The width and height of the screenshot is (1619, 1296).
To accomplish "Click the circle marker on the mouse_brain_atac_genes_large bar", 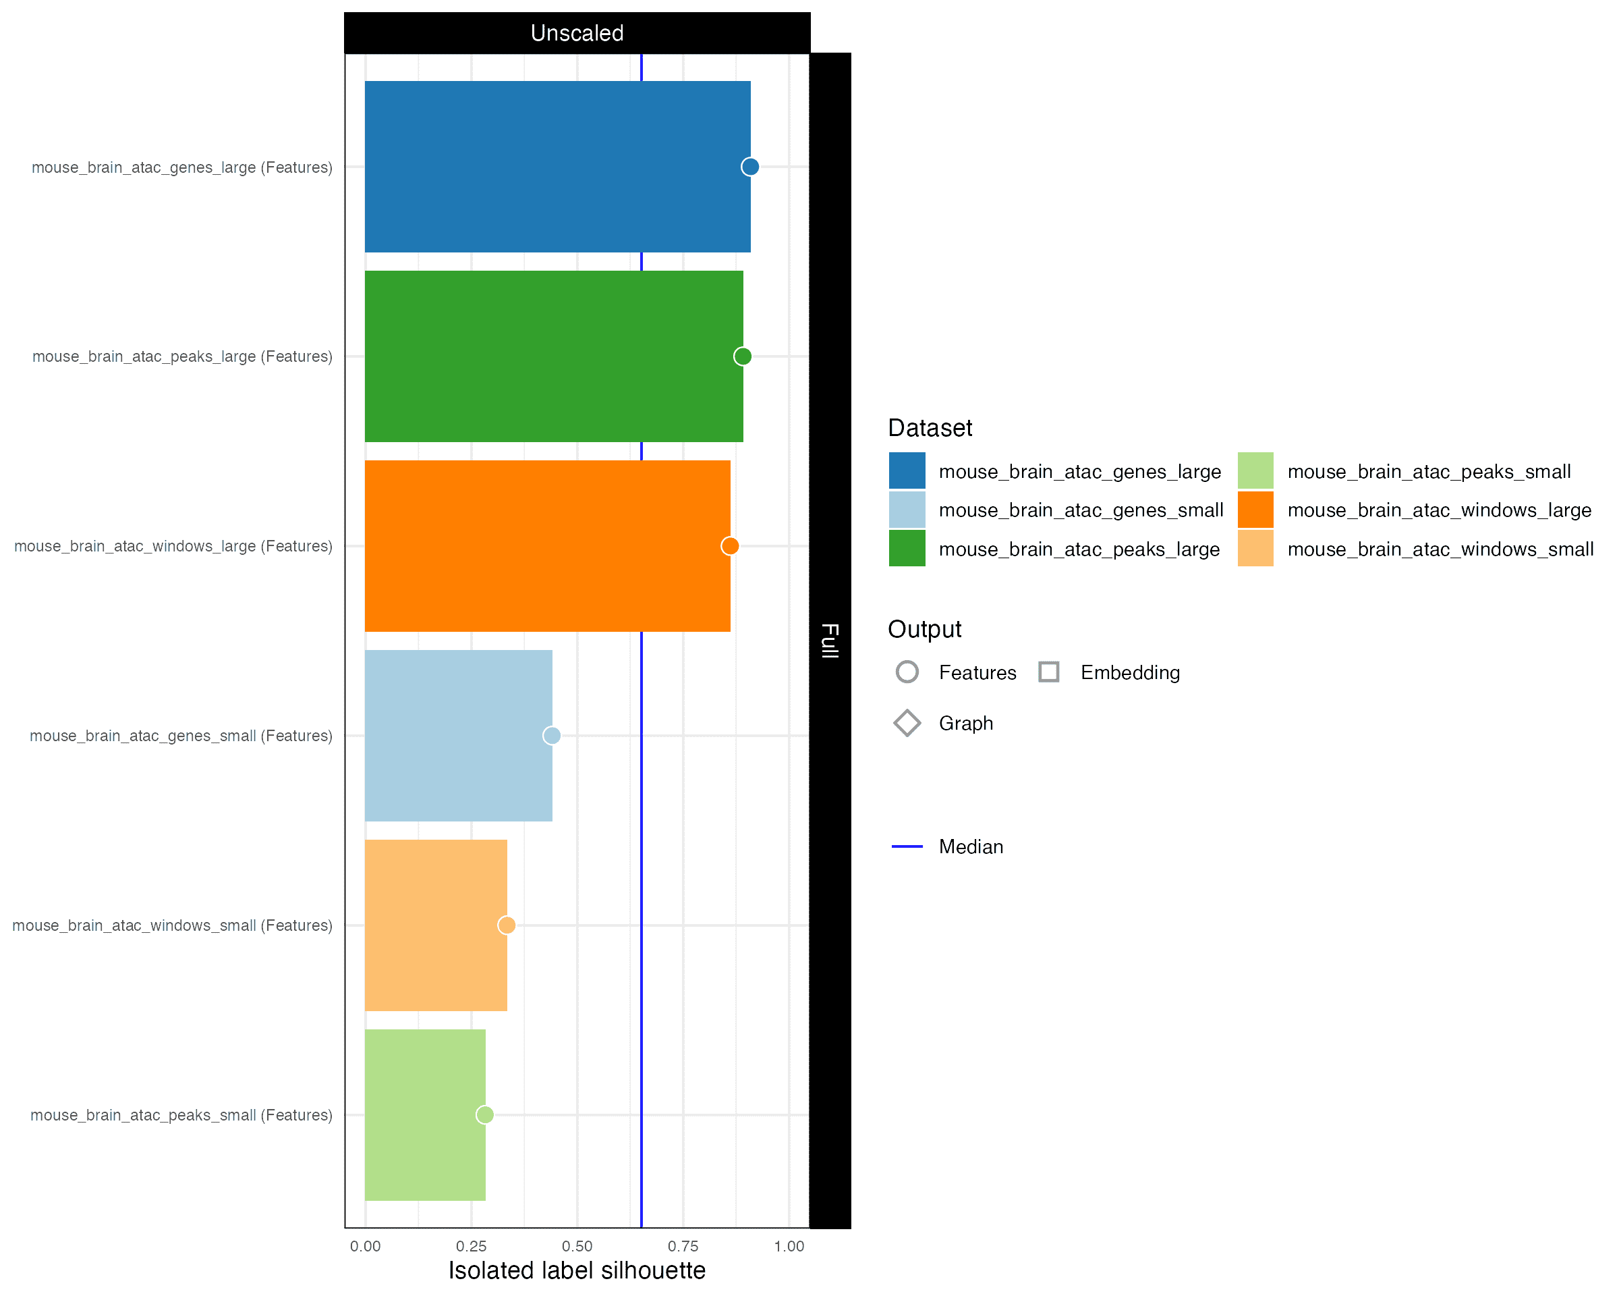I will click(x=749, y=167).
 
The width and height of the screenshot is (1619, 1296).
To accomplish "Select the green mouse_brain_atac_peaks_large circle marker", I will click(x=742, y=356).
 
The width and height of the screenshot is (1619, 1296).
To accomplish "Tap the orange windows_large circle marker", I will click(x=729, y=546).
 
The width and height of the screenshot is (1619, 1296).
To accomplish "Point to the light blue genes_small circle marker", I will click(x=551, y=736).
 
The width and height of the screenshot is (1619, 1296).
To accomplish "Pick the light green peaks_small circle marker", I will click(x=484, y=1115).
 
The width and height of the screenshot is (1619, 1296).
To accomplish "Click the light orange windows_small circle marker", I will click(x=506, y=925).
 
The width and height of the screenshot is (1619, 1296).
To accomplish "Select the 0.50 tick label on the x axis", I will click(x=577, y=1247).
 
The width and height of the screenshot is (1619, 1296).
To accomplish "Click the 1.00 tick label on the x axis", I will click(x=789, y=1247).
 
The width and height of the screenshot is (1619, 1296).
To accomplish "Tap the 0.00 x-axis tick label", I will click(x=365, y=1247).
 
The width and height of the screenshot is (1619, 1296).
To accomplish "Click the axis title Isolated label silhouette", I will click(x=577, y=1270).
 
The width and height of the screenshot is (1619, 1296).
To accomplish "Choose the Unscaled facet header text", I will click(x=577, y=33).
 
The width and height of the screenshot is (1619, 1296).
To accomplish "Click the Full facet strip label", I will click(x=830, y=640).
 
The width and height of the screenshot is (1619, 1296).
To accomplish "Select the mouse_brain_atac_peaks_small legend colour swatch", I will click(x=1255, y=471).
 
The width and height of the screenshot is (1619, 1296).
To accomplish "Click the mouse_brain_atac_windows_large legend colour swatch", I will click(x=1255, y=510).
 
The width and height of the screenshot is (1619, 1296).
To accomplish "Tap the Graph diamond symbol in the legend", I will click(x=907, y=723).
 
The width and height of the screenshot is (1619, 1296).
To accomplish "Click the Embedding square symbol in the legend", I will click(x=1048, y=672).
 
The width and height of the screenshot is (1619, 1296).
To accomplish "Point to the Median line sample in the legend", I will click(x=907, y=846).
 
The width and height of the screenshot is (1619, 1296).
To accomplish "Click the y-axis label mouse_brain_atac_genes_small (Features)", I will click(x=181, y=736).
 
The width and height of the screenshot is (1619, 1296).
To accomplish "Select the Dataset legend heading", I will click(x=930, y=428).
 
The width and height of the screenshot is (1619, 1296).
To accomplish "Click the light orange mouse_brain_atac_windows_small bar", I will click(x=436, y=925).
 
